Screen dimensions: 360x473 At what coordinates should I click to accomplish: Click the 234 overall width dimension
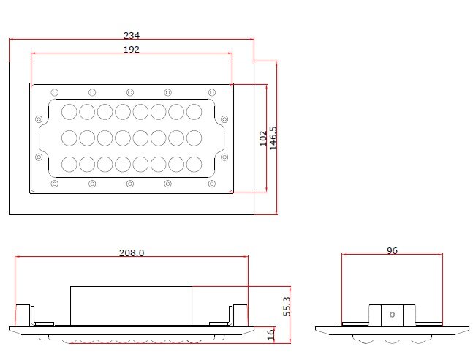132,34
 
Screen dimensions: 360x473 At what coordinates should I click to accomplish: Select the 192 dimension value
132,49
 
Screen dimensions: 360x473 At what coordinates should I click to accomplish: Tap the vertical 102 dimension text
263,138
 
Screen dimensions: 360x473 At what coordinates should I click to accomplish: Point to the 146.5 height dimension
273,138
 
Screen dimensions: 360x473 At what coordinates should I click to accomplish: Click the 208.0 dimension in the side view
132,252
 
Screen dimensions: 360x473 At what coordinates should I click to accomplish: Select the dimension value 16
270,334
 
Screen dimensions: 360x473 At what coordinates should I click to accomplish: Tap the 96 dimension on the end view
392,250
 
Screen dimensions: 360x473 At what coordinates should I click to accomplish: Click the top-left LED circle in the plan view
69,112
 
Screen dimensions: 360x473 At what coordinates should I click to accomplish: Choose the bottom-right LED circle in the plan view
194,165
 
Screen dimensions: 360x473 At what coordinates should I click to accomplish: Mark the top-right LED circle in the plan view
194,112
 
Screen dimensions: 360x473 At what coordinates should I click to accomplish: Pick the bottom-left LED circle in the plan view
69,165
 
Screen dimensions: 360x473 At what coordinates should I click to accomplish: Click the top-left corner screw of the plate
54,91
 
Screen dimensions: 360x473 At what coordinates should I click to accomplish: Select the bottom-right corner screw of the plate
212,184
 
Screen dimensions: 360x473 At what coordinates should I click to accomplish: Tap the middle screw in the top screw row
130,91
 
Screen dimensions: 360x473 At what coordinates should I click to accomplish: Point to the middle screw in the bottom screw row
130,184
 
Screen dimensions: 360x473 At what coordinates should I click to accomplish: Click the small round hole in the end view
393,315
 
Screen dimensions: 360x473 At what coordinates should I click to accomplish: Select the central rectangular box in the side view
131,304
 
